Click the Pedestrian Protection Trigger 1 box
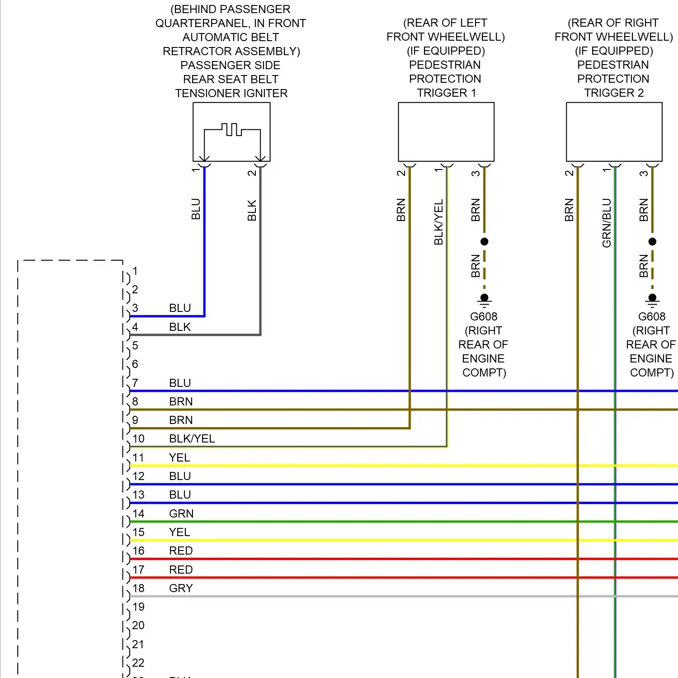(446, 132)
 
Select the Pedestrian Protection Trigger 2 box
(614, 132)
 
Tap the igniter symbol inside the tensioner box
(232, 130)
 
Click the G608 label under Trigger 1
(484, 316)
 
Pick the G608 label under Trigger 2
(652, 316)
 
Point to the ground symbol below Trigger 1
(484, 299)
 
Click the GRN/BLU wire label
(607, 223)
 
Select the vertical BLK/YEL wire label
(438, 222)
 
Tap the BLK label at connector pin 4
(180, 327)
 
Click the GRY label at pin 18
(181, 588)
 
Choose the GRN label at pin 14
(181, 513)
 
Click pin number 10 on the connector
(138, 438)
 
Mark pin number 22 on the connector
(138, 663)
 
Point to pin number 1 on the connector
(135, 271)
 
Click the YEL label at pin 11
(179, 457)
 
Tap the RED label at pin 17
(181, 570)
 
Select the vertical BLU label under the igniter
(196, 209)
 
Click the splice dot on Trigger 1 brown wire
(484, 241)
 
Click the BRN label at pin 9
(181, 420)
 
